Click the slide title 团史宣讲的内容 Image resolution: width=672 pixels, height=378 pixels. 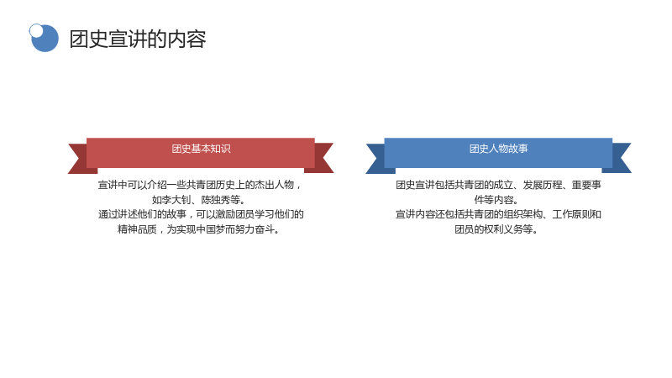(x=138, y=39)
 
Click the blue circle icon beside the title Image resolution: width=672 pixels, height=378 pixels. (x=45, y=38)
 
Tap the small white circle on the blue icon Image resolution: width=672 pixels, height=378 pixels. (x=36, y=30)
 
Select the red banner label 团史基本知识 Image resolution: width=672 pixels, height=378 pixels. (x=201, y=149)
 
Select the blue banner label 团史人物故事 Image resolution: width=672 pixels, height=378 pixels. (x=498, y=149)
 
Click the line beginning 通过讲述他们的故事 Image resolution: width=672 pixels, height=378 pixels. (x=201, y=214)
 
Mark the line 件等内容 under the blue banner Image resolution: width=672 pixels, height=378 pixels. (x=496, y=200)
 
